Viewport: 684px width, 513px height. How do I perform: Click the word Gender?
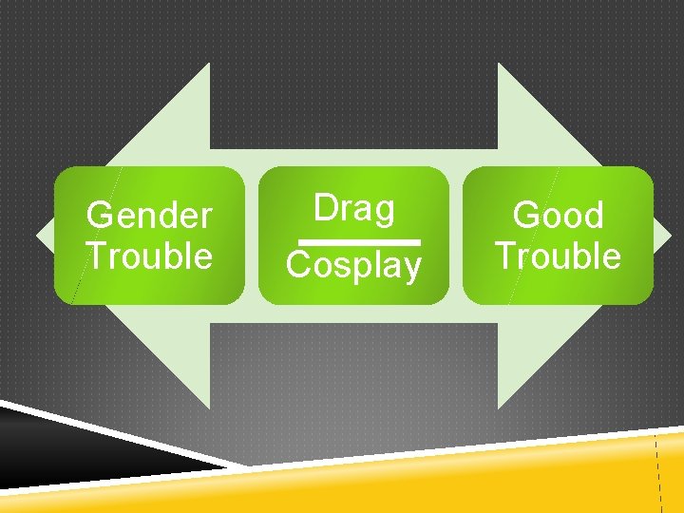(x=149, y=216)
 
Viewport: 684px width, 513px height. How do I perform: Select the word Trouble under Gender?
(x=149, y=256)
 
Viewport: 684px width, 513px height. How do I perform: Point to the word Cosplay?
(x=353, y=266)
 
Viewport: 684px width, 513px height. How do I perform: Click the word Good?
(x=558, y=216)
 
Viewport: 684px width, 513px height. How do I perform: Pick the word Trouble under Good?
(x=558, y=256)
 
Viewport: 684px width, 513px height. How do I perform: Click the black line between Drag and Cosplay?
(x=353, y=241)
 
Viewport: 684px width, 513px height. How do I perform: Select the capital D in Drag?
(x=324, y=208)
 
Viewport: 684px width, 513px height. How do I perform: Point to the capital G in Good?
(x=525, y=216)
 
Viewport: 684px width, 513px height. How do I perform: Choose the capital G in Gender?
(x=99, y=216)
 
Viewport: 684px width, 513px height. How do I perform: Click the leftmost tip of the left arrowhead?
(x=36, y=235)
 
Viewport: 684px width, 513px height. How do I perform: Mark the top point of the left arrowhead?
(x=208, y=64)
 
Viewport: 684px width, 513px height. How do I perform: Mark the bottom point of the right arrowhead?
(x=500, y=408)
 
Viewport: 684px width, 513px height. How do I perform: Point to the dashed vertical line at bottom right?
(x=658, y=475)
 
